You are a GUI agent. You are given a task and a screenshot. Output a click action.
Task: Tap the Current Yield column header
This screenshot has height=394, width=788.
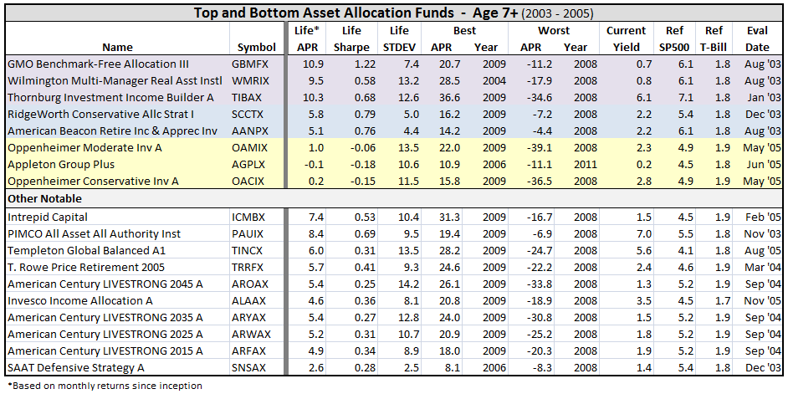[626, 38]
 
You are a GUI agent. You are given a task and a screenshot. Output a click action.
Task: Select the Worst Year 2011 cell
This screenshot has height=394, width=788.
[575, 165]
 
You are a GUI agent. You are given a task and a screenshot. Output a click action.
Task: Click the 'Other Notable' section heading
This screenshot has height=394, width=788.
[45, 199]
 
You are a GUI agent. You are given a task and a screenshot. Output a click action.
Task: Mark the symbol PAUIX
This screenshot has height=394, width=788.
[251, 233]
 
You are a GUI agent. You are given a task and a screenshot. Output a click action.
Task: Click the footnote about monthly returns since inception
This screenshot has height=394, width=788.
[104, 386]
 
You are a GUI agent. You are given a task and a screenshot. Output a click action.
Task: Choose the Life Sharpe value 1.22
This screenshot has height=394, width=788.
[356, 64]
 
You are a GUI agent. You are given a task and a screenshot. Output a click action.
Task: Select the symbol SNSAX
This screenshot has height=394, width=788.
[251, 367]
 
